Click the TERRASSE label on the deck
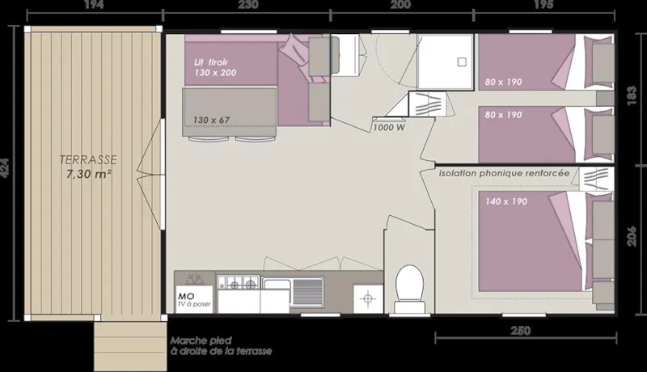click(89, 159)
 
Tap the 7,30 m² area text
click(89, 173)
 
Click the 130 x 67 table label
click(211, 120)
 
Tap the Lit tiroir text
click(211, 61)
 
